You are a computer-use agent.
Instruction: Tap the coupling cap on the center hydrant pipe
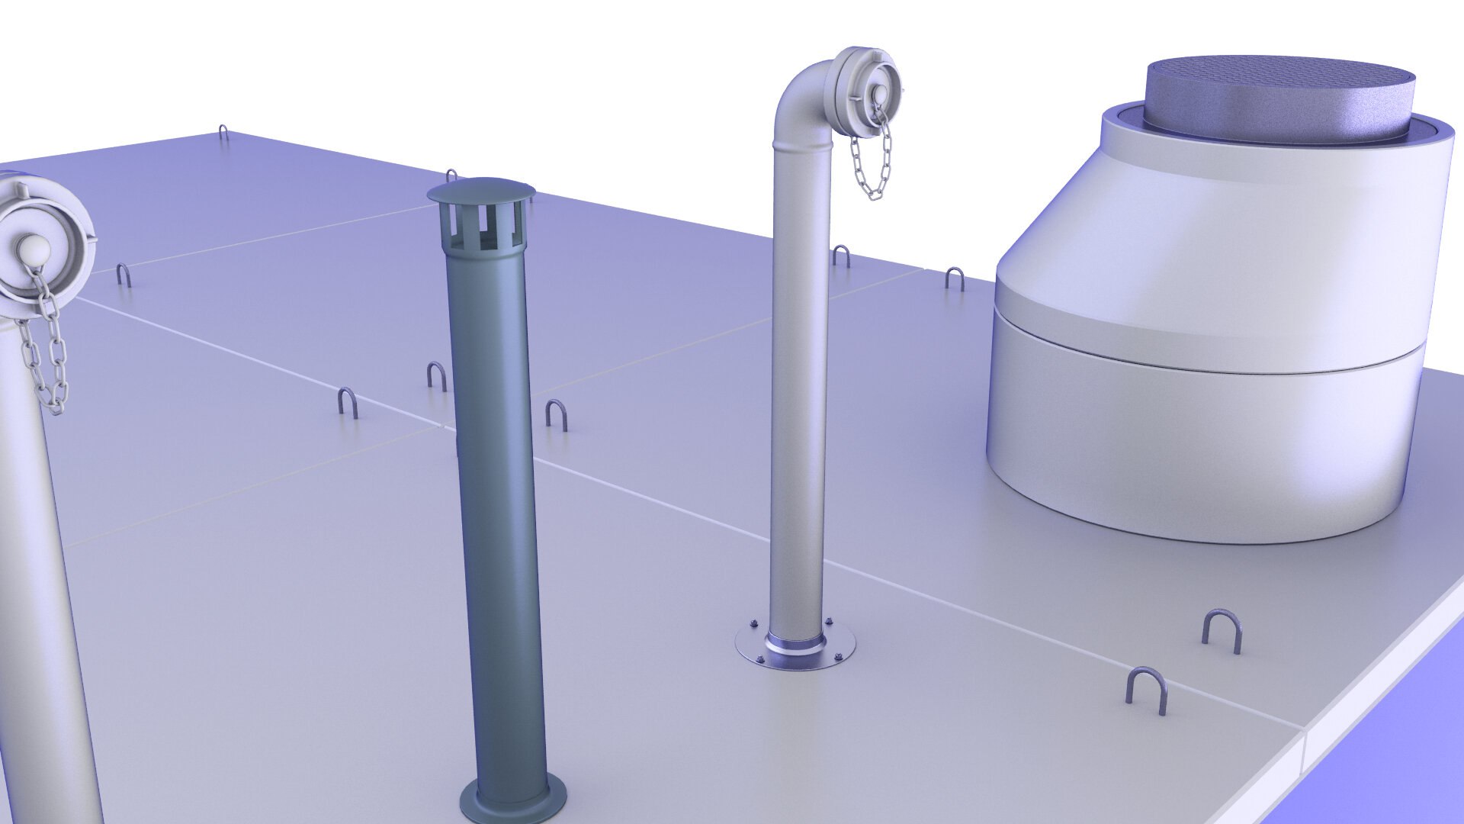click(x=868, y=89)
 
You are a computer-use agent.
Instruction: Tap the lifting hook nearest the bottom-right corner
click(x=1145, y=689)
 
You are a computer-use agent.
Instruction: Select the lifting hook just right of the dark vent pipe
click(x=554, y=413)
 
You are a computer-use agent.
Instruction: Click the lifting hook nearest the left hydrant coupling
click(x=123, y=274)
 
